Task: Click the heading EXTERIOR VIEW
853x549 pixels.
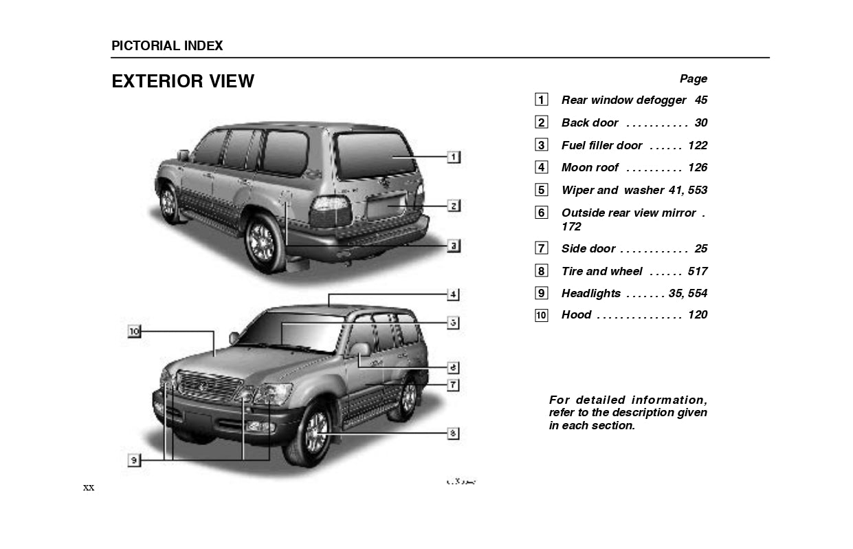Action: (x=183, y=81)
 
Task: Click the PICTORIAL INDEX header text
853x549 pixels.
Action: (x=167, y=46)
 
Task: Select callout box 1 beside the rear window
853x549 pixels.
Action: (x=454, y=157)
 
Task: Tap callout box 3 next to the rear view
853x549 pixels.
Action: (x=454, y=245)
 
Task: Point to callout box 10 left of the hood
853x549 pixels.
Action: (x=134, y=332)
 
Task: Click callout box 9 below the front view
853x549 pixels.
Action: (x=134, y=460)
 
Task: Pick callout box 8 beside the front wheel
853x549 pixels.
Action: (x=454, y=433)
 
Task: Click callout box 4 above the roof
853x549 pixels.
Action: (x=454, y=294)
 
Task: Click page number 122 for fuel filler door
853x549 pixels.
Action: (x=697, y=145)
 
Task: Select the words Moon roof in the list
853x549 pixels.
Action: (x=590, y=167)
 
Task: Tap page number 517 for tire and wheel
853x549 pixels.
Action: (x=697, y=271)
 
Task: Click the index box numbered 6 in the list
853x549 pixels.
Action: (x=542, y=213)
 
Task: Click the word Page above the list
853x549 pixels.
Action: (x=693, y=78)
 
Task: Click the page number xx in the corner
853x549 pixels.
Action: (x=89, y=488)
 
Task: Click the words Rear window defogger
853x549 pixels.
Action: (x=623, y=100)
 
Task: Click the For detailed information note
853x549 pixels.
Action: (x=628, y=412)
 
